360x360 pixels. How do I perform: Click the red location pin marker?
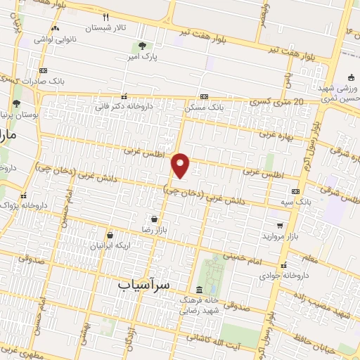pyautogui.click(x=181, y=165)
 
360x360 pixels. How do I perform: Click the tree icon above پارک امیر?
pyautogui.click(x=143, y=45)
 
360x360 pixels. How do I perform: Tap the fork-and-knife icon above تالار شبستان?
pyautogui.click(x=106, y=17)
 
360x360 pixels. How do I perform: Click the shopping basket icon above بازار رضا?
pyautogui.click(x=153, y=219)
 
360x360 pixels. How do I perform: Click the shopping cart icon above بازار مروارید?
pyautogui.click(x=281, y=226)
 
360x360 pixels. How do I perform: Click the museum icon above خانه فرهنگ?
pyautogui.click(x=200, y=290)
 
